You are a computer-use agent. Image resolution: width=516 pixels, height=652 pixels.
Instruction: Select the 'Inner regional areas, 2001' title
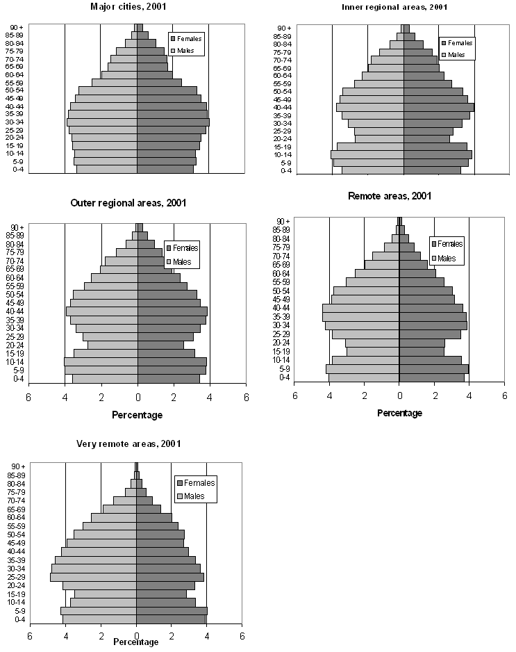394,7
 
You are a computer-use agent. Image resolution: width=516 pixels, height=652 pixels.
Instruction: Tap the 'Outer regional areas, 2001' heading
128,203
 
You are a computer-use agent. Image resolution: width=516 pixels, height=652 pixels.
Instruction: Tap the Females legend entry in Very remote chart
196,483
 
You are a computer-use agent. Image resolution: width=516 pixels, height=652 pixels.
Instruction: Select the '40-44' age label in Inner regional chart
282,107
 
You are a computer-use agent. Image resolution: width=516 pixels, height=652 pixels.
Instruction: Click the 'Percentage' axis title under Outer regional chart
137,415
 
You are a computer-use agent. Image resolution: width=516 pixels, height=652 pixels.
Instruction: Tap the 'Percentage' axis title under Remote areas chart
399,413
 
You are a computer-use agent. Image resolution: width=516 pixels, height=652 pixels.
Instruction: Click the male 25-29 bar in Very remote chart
93,577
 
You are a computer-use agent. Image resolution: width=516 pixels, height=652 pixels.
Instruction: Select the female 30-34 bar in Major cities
173,122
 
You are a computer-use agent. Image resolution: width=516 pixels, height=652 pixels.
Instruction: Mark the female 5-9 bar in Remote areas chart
434,368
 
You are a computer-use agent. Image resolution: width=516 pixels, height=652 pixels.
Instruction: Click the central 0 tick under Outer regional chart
138,397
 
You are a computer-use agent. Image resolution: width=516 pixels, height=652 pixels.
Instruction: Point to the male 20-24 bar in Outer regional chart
113,345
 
